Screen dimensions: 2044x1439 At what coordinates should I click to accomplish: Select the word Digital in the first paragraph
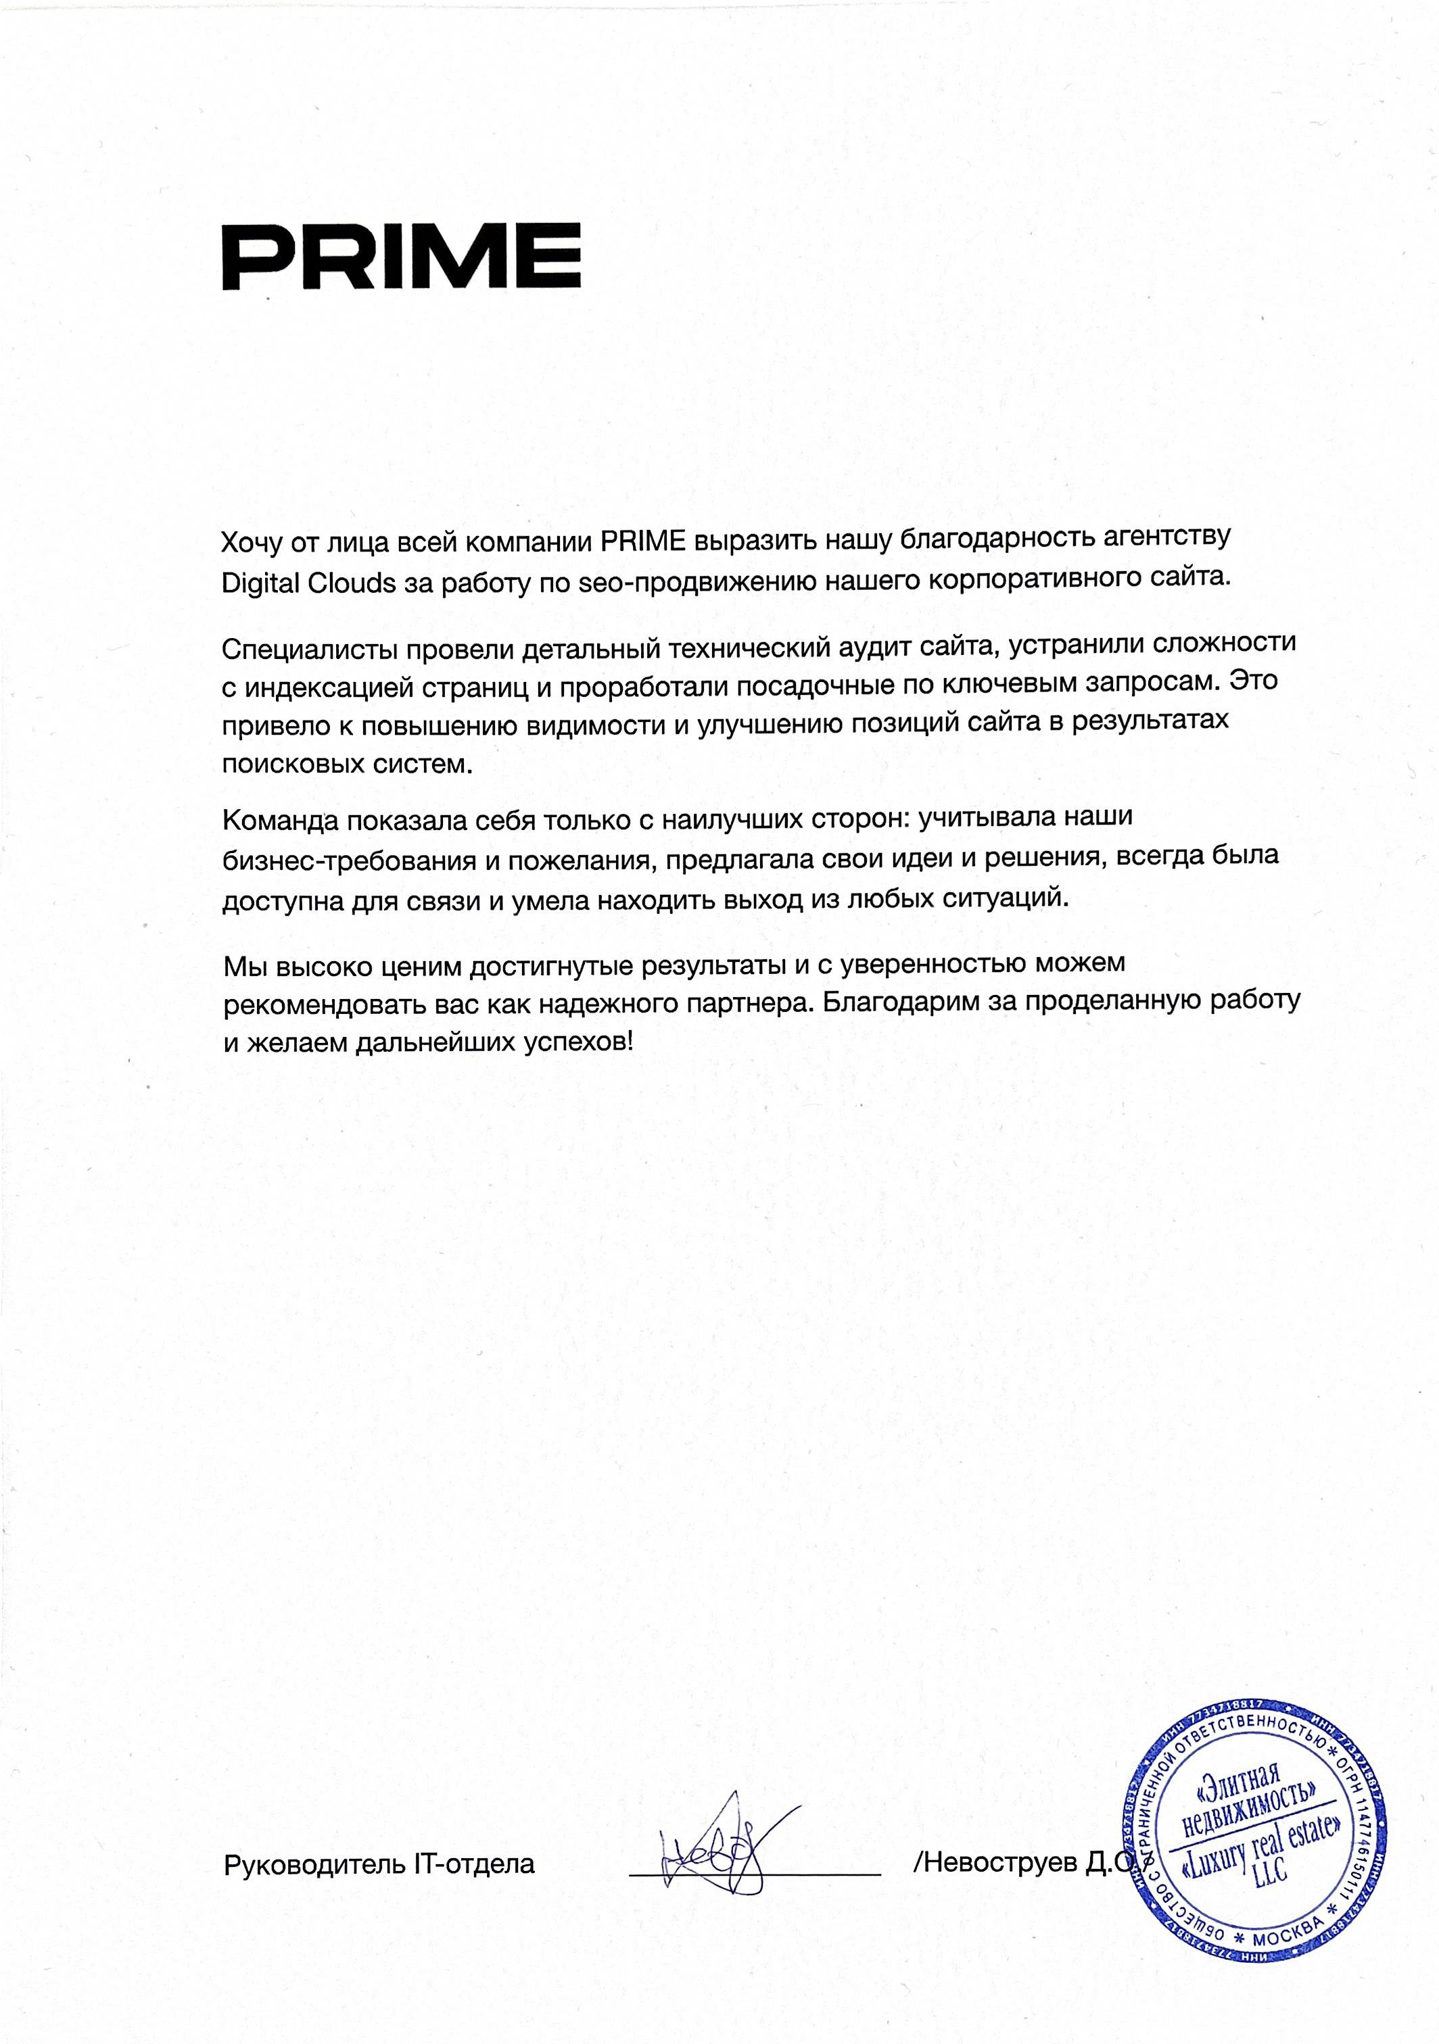coord(259,583)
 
